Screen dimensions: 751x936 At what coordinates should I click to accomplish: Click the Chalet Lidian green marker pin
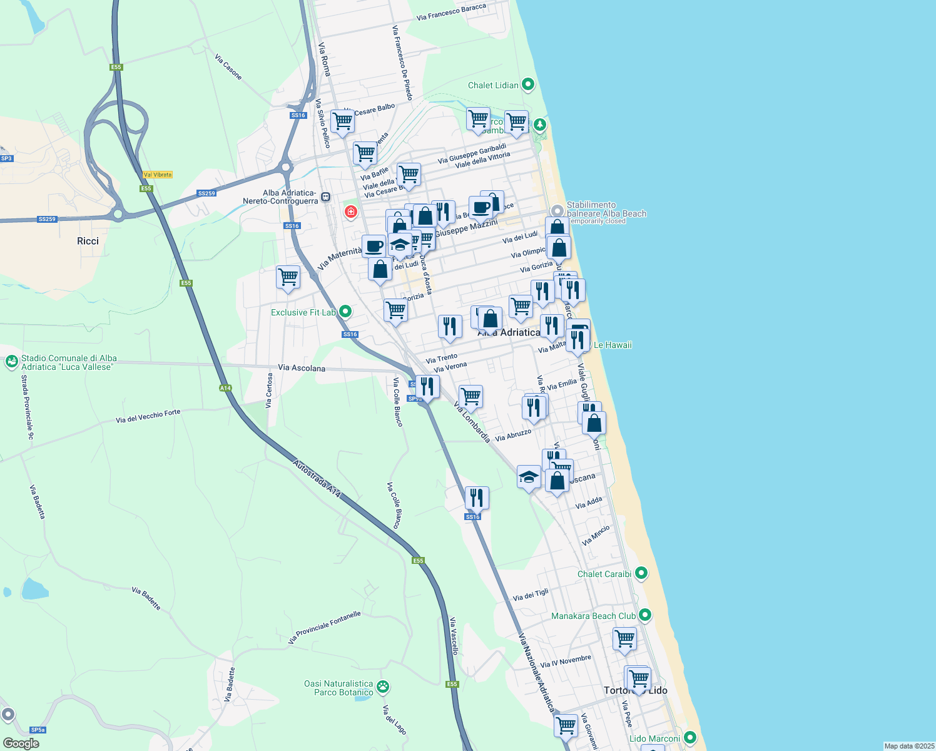point(528,84)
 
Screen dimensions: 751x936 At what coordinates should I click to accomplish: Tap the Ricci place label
point(88,241)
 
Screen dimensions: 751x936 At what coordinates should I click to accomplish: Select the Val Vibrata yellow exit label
point(157,175)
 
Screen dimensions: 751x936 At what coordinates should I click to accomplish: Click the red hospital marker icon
point(350,212)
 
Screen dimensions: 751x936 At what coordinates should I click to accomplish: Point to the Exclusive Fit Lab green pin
point(344,312)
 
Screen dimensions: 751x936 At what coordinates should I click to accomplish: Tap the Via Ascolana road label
point(302,368)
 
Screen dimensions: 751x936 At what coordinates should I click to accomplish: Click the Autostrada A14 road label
point(317,479)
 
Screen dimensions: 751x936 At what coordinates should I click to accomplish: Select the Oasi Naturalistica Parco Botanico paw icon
point(383,687)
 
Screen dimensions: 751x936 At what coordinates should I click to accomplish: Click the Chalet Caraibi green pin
point(641,573)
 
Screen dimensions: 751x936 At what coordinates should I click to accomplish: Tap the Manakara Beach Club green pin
point(645,615)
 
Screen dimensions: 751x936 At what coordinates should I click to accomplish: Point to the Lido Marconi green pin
point(689,738)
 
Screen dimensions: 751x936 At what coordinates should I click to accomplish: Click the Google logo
point(21,743)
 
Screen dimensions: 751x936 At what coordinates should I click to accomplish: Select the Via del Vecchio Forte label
point(148,416)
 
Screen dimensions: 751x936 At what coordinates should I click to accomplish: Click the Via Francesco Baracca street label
point(451,13)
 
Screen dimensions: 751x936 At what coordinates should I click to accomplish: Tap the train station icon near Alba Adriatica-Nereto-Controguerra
point(325,197)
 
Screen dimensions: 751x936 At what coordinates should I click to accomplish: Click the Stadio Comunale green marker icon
point(11,362)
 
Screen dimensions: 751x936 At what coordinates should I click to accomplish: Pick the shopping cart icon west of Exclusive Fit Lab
point(288,276)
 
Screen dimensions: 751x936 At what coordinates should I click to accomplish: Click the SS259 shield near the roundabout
point(206,193)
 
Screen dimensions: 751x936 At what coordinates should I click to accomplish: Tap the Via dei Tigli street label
point(531,595)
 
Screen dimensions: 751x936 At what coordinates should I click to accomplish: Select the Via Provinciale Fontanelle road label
point(324,628)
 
